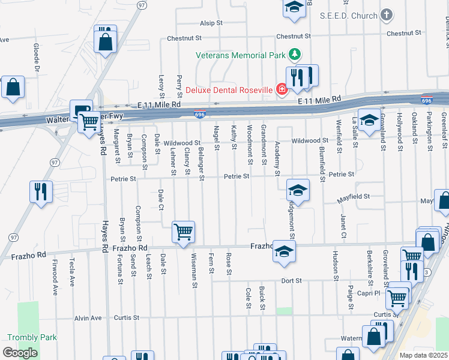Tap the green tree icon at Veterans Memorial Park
[x=294, y=55]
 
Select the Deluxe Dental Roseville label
[x=228, y=90]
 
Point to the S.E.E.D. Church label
[x=349, y=16]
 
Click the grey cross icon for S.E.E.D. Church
[x=387, y=16]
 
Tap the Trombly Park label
[x=32, y=337]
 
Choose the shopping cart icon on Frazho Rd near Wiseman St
[x=183, y=232]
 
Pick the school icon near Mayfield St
[x=297, y=191]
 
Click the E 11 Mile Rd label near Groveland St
[x=319, y=99]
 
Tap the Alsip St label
[x=211, y=23]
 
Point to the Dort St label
[x=291, y=280]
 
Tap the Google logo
[x=20, y=353]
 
